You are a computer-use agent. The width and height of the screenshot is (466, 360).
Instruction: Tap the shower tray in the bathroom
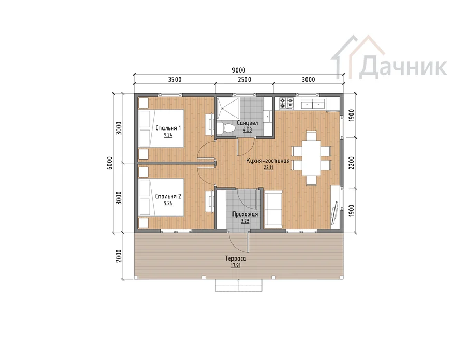(228, 108)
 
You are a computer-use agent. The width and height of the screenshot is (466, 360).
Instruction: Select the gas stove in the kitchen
(286, 104)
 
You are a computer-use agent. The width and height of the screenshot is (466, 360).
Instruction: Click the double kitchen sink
(312, 104)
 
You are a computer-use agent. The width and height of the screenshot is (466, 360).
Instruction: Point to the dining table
(312, 158)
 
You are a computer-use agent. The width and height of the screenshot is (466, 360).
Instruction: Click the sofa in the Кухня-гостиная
(273, 209)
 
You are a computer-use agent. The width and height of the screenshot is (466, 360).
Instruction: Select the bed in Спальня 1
(162, 128)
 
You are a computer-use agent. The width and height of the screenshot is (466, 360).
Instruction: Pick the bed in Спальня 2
(162, 197)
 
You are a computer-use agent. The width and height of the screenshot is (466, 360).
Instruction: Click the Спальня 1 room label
(168, 128)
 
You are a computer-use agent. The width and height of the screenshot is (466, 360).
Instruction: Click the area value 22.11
(268, 167)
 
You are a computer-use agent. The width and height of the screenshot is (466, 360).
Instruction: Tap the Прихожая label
(245, 214)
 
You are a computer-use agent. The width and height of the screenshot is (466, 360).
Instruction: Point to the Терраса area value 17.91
(236, 265)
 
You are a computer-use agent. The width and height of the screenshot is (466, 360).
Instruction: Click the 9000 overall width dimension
(238, 70)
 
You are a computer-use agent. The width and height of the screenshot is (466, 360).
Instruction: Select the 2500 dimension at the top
(244, 80)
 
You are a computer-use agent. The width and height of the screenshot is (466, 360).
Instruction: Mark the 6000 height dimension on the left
(110, 163)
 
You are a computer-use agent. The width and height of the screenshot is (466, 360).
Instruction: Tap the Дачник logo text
(403, 67)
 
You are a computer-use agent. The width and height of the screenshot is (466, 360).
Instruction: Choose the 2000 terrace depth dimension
(119, 256)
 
